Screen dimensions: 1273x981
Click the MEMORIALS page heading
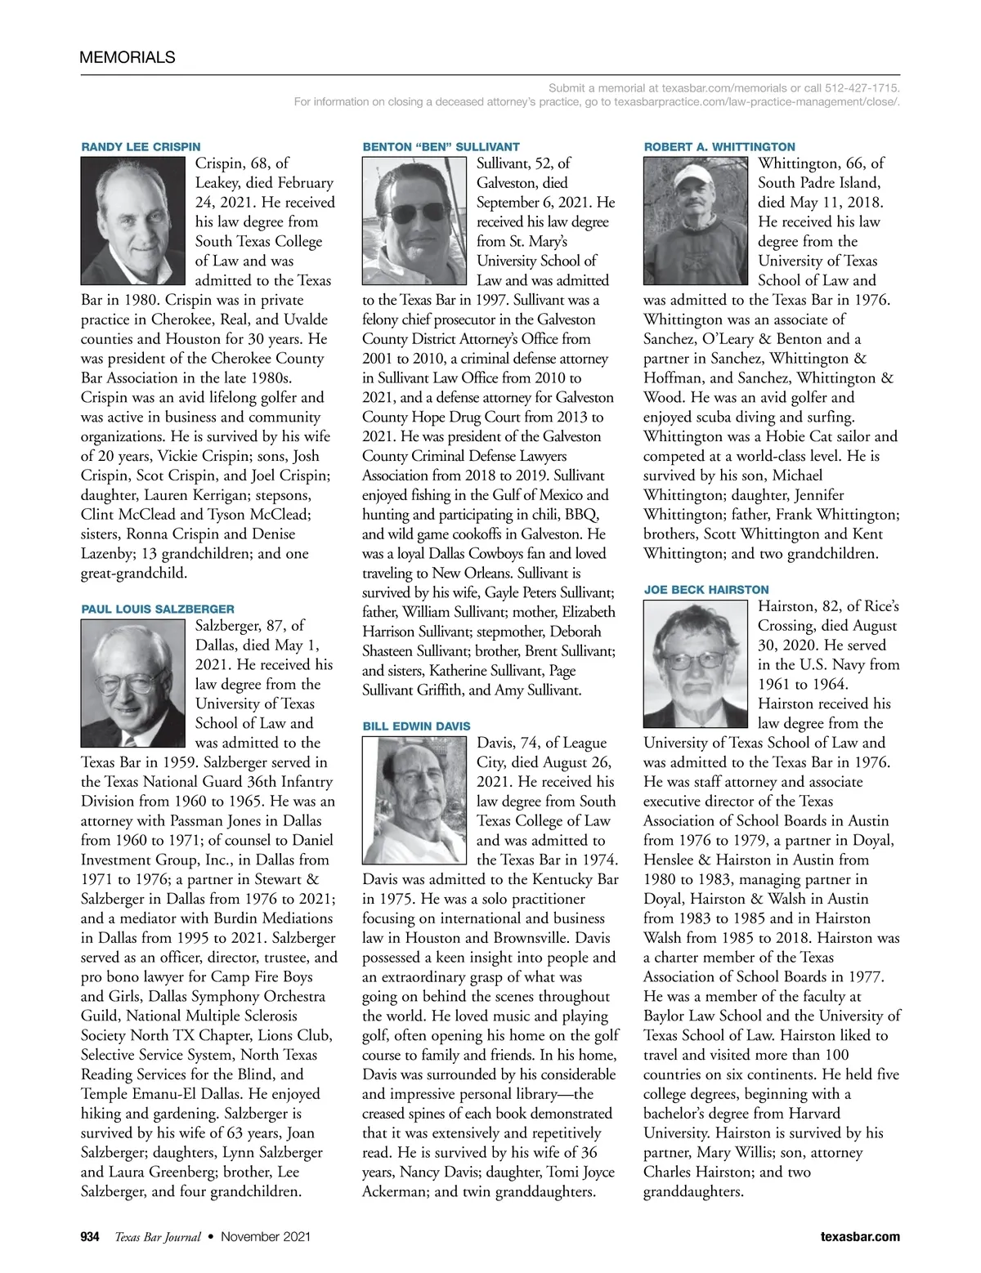pyautogui.click(x=128, y=57)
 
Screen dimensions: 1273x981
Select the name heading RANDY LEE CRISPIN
pyautogui.click(x=141, y=147)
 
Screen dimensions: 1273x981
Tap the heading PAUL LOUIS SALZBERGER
pyautogui.click(x=158, y=609)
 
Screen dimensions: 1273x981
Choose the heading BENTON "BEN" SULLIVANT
pyautogui.click(x=441, y=147)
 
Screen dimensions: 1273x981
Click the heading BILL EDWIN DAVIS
pyautogui.click(x=416, y=726)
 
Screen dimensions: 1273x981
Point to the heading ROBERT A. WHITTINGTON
pyautogui.click(x=719, y=147)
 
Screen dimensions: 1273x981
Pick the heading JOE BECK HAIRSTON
pyautogui.click(x=706, y=590)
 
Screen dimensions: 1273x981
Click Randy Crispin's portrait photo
pyautogui.click(x=134, y=221)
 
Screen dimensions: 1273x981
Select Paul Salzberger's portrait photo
pyautogui.click(x=134, y=683)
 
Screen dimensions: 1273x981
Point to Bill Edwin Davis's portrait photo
pyautogui.click(x=416, y=800)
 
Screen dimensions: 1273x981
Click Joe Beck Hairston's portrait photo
pyautogui.click(x=696, y=663)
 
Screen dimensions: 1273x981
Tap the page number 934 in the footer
pyautogui.click(x=90, y=1237)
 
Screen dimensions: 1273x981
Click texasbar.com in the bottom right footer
pyautogui.click(x=860, y=1237)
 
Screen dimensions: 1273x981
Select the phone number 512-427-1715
pyautogui.click(x=862, y=87)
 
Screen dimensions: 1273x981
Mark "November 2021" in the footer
pyautogui.click(x=266, y=1237)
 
